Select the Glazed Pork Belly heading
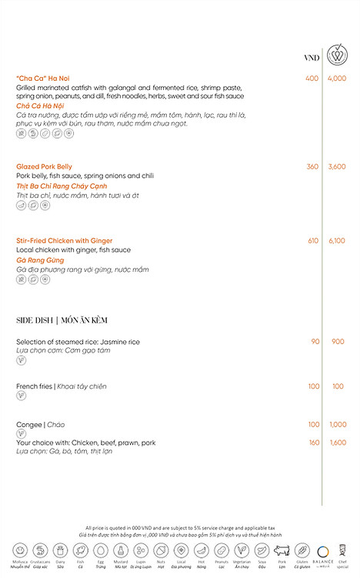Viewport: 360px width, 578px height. (44, 166)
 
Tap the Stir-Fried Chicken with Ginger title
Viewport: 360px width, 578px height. (64, 241)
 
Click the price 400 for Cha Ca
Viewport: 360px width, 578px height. (312, 79)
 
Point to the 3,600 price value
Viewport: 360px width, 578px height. (336, 166)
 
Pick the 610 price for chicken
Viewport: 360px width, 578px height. (312, 241)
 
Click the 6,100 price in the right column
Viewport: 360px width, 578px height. (336, 241)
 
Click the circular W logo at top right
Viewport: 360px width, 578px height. (336, 55)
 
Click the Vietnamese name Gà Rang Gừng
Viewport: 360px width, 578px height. (41, 260)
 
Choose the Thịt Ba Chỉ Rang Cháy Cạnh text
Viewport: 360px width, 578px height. (61, 186)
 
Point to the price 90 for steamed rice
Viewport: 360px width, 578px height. (315, 342)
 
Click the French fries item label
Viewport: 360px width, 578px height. (34, 386)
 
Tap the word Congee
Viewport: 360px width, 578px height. (29, 425)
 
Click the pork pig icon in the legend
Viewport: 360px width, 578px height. (281, 550)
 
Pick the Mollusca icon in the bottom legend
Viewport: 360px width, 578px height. (21, 550)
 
